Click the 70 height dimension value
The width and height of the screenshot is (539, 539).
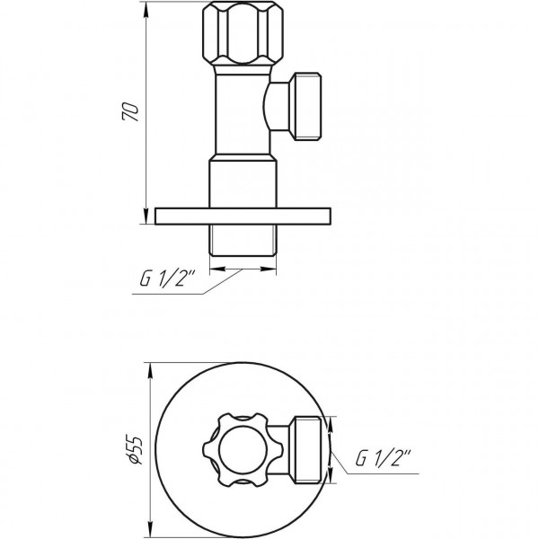[x=131, y=112]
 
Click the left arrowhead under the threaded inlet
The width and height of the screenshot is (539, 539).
[x=214, y=268]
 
